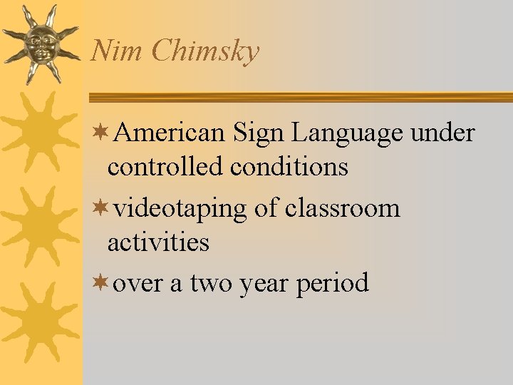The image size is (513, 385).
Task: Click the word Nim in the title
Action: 108,51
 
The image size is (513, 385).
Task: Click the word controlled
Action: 165,167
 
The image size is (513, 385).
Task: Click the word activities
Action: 158,242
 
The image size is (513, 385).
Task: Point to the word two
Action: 210,284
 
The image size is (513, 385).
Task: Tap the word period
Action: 333,284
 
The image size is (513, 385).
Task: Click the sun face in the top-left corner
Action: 40,43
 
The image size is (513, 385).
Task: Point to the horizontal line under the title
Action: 299,97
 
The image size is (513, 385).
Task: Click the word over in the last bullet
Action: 138,284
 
